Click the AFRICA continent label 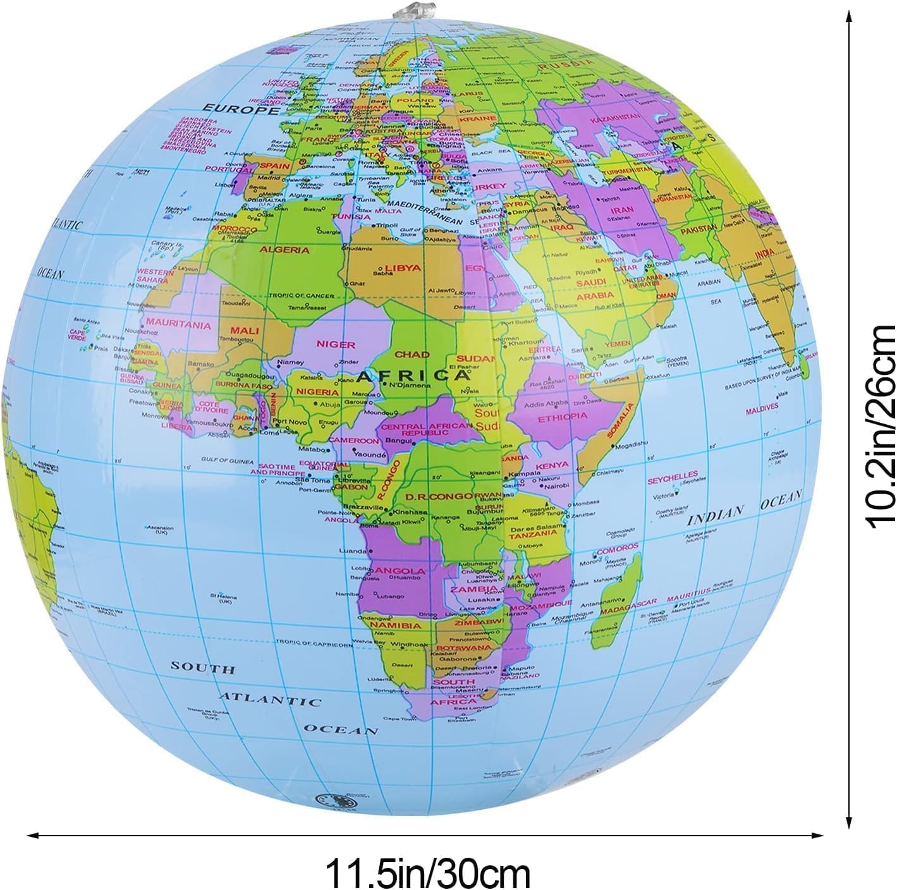pos(413,375)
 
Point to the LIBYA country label pos(403,267)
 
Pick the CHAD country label pos(412,355)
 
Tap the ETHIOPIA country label pos(562,418)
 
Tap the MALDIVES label pos(761,408)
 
